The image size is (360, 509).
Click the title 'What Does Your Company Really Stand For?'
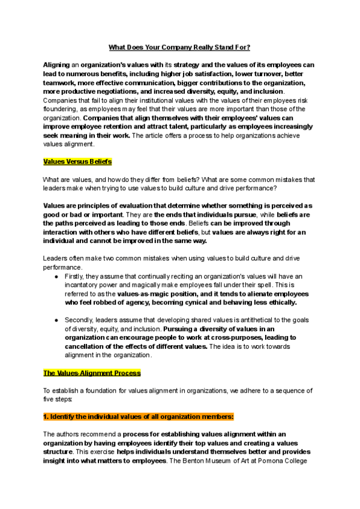pyautogui.click(x=179, y=47)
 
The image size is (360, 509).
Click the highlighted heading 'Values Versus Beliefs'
pyautogui.click(x=77, y=161)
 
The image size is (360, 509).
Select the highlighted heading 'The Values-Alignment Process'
pyautogui.click(x=92, y=373)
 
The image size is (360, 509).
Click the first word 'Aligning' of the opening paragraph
pyautogui.click(x=56, y=65)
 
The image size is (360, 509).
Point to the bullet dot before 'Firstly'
pyautogui.click(x=56, y=277)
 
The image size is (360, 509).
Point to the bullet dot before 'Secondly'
pyautogui.click(x=56, y=321)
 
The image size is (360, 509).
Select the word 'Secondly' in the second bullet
pyautogui.click(x=79, y=321)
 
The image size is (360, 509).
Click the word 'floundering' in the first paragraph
pyautogui.click(x=62, y=110)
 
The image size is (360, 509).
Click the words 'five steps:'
pyautogui.click(x=58, y=399)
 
